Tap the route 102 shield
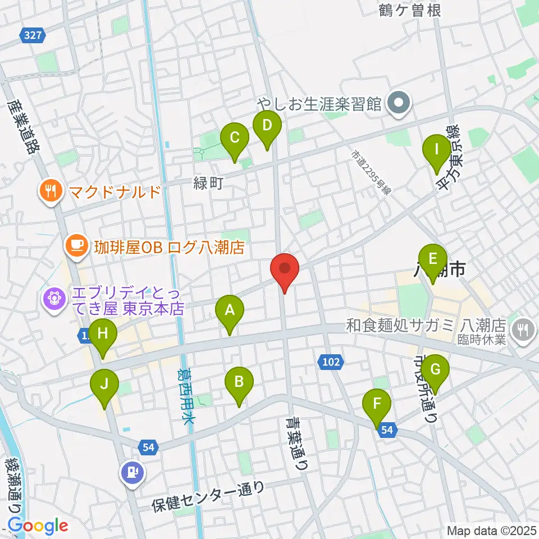click(332, 362)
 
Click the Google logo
click(38, 526)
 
